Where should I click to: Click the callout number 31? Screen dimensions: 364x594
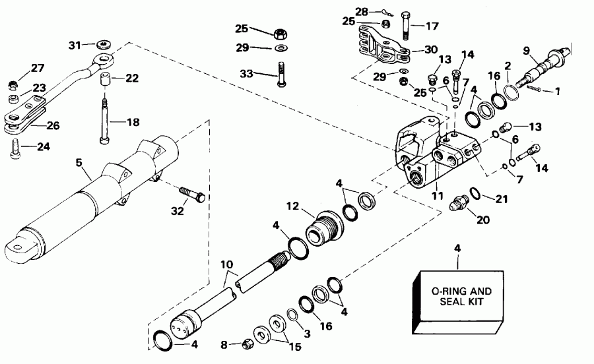coord(76,45)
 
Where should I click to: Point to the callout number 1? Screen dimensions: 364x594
coord(556,91)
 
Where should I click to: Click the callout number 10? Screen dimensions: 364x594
coord(226,264)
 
